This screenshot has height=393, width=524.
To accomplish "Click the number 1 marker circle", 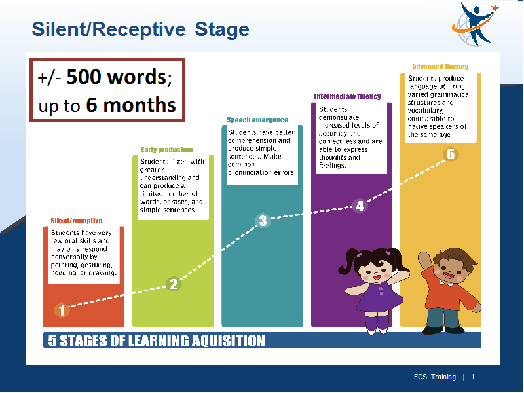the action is [x=62, y=310].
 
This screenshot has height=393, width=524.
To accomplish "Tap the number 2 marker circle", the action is [x=174, y=284].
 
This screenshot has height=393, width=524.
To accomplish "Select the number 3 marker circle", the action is [x=263, y=221].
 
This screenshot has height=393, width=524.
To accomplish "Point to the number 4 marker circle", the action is [x=360, y=206].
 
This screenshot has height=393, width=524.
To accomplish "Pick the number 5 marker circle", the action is [x=451, y=155].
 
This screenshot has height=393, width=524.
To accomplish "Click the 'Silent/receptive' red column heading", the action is [x=77, y=221].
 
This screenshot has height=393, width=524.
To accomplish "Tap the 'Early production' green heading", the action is [x=167, y=149].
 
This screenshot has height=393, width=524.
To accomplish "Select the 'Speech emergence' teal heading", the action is [x=257, y=120].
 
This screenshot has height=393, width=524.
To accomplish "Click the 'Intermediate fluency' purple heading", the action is [x=347, y=96].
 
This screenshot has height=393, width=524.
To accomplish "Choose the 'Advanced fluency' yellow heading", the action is [x=440, y=67].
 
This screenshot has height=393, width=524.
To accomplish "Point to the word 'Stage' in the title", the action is [x=222, y=29].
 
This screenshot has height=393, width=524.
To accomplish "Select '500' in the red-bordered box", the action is [x=84, y=77].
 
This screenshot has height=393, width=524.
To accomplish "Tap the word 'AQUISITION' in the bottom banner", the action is [x=228, y=341].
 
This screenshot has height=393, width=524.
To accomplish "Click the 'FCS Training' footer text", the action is [x=435, y=377].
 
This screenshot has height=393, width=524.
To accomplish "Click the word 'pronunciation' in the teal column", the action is [x=249, y=172].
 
